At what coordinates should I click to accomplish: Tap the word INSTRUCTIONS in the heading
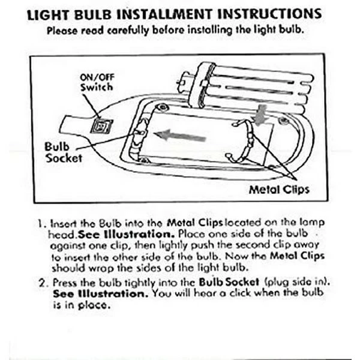pos(269,14)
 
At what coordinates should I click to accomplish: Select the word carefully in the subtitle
pos(128,31)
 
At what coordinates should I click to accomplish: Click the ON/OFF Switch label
pos(97,82)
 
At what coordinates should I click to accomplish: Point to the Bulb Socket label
pos(64,152)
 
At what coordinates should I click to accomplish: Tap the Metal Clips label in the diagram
pos(279,190)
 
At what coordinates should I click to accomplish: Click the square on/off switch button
pos(101,127)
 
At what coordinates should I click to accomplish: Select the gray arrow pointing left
pos(180,136)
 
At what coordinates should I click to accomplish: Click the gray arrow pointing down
pos(259,115)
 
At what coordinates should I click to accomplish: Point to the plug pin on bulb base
pos(181,82)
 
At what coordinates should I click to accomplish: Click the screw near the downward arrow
pos(284,121)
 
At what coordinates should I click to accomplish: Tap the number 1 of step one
pos(40,223)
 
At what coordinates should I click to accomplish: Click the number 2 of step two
pos(43,283)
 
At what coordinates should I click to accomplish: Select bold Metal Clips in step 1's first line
pos(195,223)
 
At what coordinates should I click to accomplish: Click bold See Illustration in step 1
pos(126,234)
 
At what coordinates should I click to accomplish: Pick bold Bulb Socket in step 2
pos(229,282)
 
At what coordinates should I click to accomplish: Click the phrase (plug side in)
pos(296,282)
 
